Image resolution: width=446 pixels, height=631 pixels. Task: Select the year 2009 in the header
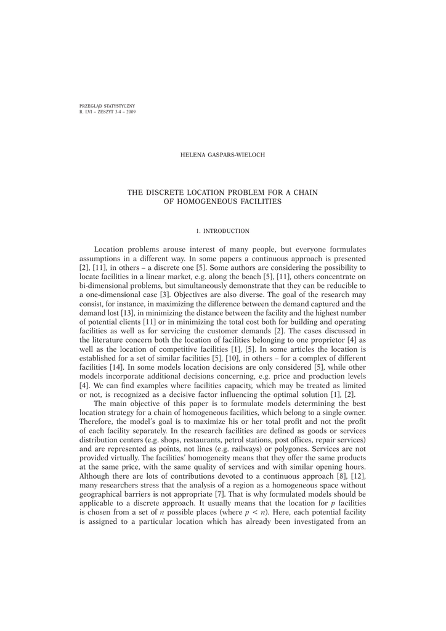point(131,112)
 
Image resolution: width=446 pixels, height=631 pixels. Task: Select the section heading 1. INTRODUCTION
point(222,231)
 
